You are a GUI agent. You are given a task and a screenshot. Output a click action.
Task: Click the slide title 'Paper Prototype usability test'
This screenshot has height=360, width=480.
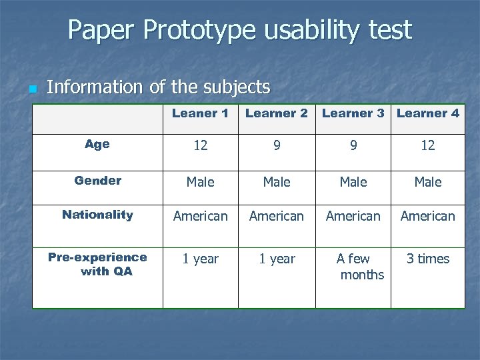(x=239, y=30)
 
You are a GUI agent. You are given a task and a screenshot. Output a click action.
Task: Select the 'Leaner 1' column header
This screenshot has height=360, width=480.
(x=200, y=113)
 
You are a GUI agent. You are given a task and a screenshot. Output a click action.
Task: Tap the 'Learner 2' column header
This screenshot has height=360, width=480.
(x=277, y=113)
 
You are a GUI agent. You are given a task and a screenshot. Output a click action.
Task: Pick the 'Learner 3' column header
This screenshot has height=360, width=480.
(x=353, y=113)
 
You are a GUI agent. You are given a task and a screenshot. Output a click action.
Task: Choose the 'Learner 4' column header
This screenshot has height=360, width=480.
(x=428, y=113)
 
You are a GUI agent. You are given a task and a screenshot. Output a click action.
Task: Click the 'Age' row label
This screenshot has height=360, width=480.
(x=97, y=144)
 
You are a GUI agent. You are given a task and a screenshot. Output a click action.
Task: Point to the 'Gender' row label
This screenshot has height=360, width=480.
(x=97, y=181)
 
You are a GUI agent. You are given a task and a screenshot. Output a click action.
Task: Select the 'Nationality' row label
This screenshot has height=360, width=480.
(x=97, y=215)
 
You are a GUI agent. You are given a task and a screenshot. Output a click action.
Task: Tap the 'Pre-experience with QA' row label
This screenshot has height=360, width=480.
(x=97, y=264)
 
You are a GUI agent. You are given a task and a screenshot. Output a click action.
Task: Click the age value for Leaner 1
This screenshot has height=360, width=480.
(x=200, y=145)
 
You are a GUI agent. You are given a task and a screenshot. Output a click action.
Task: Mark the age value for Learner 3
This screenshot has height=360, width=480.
(x=353, y=145)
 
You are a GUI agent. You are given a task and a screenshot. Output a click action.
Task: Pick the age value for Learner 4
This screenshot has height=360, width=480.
(x=428, y=145)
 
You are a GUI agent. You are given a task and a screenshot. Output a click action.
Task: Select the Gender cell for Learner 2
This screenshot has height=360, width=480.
(x=277, y=182)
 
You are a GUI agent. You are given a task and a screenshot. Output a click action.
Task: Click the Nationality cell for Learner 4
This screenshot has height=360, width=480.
(x=428, y=216)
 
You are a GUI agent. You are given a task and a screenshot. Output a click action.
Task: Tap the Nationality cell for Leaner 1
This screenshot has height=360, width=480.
(x=200, y=216)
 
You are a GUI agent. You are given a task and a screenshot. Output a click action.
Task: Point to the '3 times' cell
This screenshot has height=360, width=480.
(x=428, y=259)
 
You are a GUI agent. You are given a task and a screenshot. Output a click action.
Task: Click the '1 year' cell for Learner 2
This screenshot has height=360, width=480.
(x=277, y=259)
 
